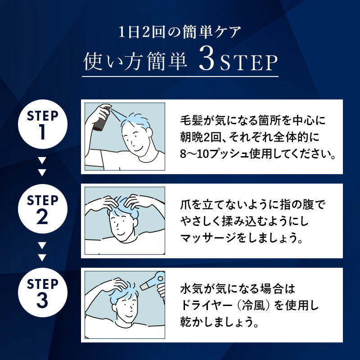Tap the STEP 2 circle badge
click(42, 210)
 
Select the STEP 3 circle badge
click(42, 293)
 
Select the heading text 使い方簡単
click(135, 63)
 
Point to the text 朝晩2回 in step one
click(198, 139)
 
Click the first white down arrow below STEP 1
click(42, 160)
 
